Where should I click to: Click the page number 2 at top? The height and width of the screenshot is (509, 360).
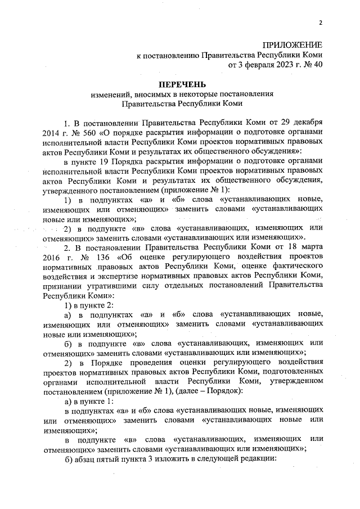pos(320,23)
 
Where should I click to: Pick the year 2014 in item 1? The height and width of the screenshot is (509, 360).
pos(51,133)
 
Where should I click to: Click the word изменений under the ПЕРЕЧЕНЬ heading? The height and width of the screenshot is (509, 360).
pos(110,94)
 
